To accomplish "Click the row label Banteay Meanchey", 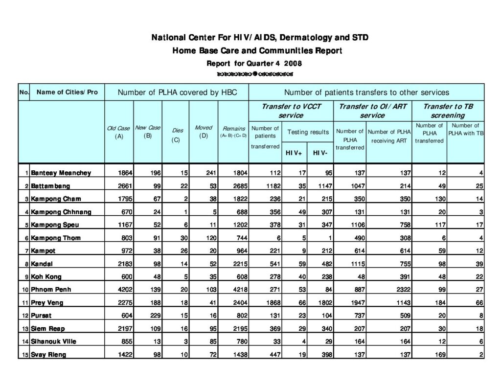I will tap(61, 173).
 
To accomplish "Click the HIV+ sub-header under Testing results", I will tap(294, 153).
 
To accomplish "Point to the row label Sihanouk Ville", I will tap(53, 341).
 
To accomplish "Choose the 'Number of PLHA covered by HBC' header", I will tap(176, 92).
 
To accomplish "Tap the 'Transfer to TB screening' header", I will tap(448, 111).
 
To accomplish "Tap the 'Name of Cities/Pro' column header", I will tap(67, 92).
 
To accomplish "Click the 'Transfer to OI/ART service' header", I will tap(372, 111).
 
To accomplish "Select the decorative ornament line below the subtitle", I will tap(254, 74).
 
